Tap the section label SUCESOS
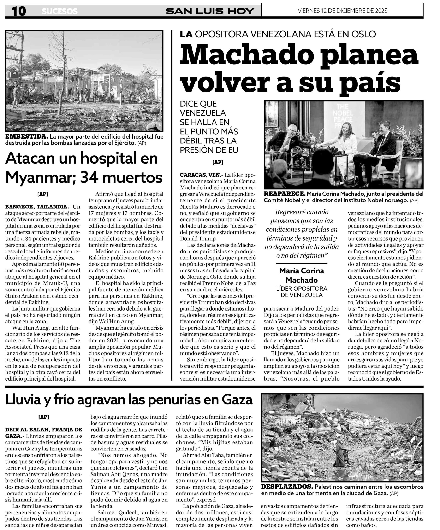pyautogui.click(x=60, y=11)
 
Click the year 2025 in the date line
pyautogui.click(x=379, y=11)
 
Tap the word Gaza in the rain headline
pyautogui.click(x=237, y=400)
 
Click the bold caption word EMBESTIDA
pyautogui.click(x=26, y=137)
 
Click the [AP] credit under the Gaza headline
pyautogui.click(x=44, y=417)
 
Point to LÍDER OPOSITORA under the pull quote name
pyautogui.click(x=302, y=288)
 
